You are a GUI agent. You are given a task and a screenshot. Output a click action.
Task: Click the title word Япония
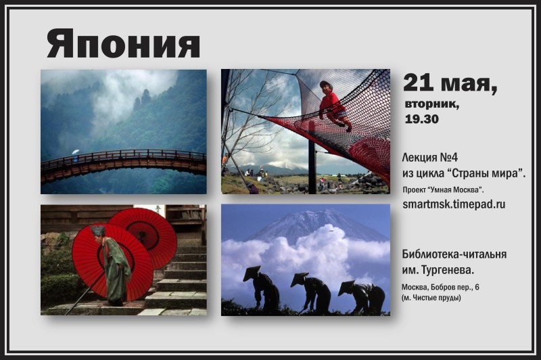pyautogui.click(x=124, y=43)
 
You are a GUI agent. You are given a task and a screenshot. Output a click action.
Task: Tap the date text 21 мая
pyautogui.click(x=450, y=83)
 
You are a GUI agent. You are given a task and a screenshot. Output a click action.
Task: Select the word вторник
pyautogui.click(x=432, y=104)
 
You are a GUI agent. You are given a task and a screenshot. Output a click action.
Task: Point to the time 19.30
pyautogui.click(x=421, y=119)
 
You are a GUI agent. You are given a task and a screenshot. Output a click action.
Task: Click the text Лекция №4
pyautogui.click(x=430, y=158)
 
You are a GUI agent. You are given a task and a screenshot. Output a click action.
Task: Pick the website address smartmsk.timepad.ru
pyautogui.click(x=454, y=204)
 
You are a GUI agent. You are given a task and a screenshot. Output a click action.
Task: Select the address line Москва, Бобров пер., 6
pyautogui.click(x=440, y=287)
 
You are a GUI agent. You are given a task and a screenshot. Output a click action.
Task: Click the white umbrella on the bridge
pyautogui.click(x=76, y=152)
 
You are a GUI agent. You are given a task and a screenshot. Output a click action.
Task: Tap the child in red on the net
pyautogui.click(x=333, y=106)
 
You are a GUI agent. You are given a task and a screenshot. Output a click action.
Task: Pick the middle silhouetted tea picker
pyautogui.click(x=312, y=292)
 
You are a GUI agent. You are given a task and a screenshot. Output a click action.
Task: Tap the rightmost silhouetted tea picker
pyautogui.click(x=362, y=296)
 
